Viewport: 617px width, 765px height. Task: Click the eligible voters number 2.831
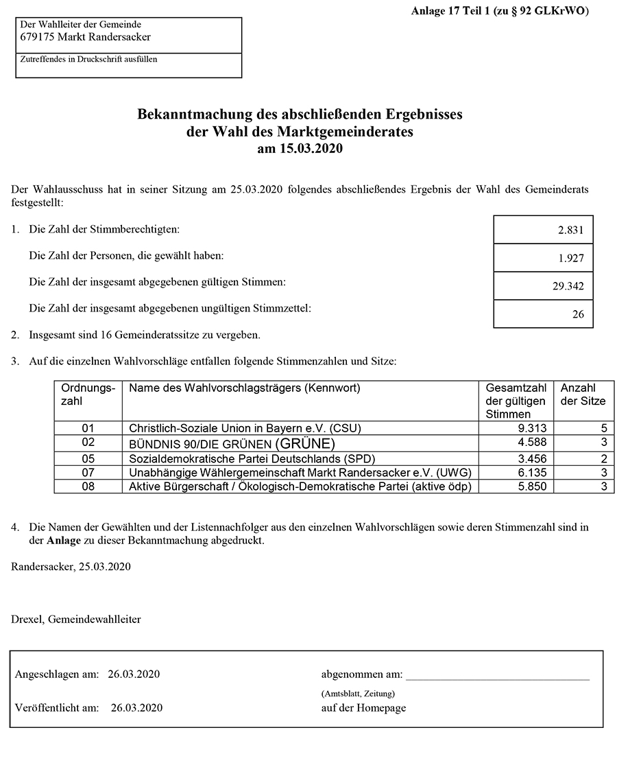[x=570, y=231]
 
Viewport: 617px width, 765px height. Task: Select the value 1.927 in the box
[x=570, y=259]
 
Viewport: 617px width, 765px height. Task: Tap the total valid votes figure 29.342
[x=568, y=287]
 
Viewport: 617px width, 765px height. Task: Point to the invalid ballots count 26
[x=577, y=315]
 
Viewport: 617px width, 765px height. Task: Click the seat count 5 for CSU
[x=603, y=428]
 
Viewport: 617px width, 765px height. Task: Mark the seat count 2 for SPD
[x=603, y=458]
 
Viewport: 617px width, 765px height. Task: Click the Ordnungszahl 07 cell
[x=88, y=472]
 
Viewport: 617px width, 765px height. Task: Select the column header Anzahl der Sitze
[x=583, y=395]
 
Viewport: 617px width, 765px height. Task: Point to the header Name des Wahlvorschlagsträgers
[x=244, y=388]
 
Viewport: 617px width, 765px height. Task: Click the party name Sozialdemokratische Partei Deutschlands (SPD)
[x=253, y=458]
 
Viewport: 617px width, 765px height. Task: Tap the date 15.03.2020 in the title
[x=309, y=148]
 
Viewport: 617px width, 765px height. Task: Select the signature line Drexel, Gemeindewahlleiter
[x=76, y=620]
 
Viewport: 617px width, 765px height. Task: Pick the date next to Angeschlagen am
[x=134, y=674]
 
